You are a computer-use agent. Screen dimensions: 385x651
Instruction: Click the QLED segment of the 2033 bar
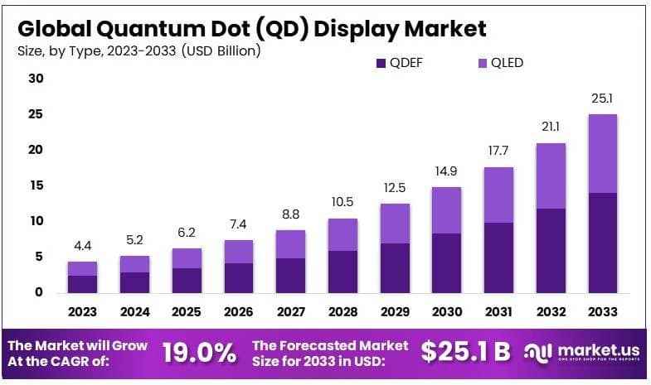click(x=602, y=153)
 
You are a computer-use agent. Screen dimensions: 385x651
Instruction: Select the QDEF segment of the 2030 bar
click(x=447, y=262)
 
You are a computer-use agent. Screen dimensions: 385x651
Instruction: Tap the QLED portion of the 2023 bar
click(x=82, y=268)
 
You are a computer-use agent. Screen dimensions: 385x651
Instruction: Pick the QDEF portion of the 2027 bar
click(x=291, y=275)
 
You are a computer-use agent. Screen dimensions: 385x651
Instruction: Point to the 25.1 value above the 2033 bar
click(x=602, y=99)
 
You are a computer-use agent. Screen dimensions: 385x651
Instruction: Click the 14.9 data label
click(x=447, y=171)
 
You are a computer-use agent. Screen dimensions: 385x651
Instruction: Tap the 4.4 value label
click(x=82, y=246)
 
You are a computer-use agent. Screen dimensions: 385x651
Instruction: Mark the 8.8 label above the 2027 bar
click(x=291, y=214)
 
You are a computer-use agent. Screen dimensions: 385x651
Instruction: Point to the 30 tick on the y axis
click(x=35, y=79)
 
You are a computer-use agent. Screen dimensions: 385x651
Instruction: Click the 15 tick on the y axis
click(x=35, y=185)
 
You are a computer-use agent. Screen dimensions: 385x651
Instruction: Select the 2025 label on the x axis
click(x=187, y=312)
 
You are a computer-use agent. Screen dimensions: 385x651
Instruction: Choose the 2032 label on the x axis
click(x=551, y=312)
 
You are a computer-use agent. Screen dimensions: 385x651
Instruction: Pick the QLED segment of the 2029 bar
click(x=395, y=224)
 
